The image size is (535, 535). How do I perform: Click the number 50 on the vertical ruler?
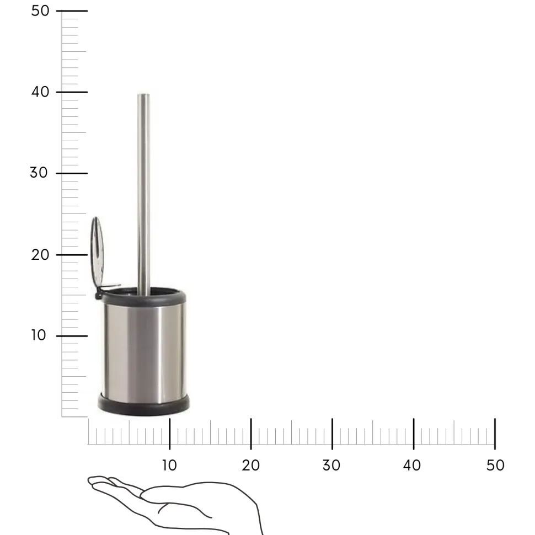(x=40, y=11)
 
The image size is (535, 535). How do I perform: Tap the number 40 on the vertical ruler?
(x=40, y=92)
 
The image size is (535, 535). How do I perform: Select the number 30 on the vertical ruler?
(x=39, y=173)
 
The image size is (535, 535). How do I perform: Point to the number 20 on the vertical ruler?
(x=40, y=255)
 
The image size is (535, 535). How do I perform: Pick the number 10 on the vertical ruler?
(x=39, y=335)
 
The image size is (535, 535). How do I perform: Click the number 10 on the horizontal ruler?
(x=169, y=466)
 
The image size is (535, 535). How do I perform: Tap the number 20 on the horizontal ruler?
(x=251, y=466)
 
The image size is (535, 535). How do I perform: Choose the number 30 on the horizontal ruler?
(x=331, y=466)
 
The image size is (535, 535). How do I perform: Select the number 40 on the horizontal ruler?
(x=412, y=466)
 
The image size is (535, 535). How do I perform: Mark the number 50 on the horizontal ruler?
(x=495, y=466)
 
